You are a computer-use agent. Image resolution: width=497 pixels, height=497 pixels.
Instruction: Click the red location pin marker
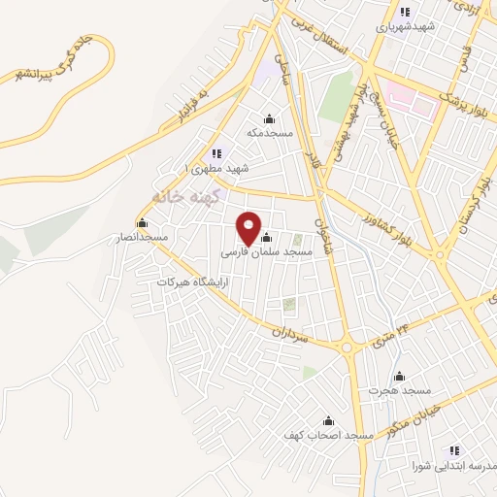click(x=249, y=228)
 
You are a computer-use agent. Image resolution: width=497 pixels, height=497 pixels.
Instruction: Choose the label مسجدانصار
click(x=142, y=237)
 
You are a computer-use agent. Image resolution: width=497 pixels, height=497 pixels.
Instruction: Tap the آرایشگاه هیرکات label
click(x=192, y=282)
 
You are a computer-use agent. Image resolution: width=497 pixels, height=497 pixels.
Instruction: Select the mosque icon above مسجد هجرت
click(x=398, y=377)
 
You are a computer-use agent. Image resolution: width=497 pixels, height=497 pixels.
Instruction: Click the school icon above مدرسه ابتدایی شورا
click(x=453, y=450)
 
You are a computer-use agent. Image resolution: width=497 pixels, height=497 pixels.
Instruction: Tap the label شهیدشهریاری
click(x=405, y=27)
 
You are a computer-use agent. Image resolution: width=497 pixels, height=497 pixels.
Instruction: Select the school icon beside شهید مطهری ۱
click(x=216, y=153)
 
